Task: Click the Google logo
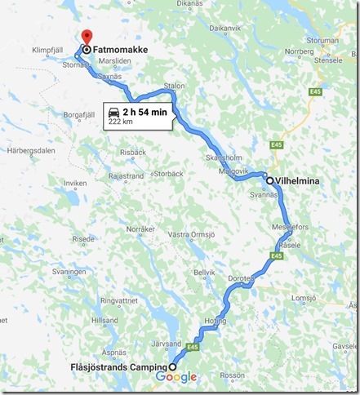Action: pyautogui.click(x=176, y=376)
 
